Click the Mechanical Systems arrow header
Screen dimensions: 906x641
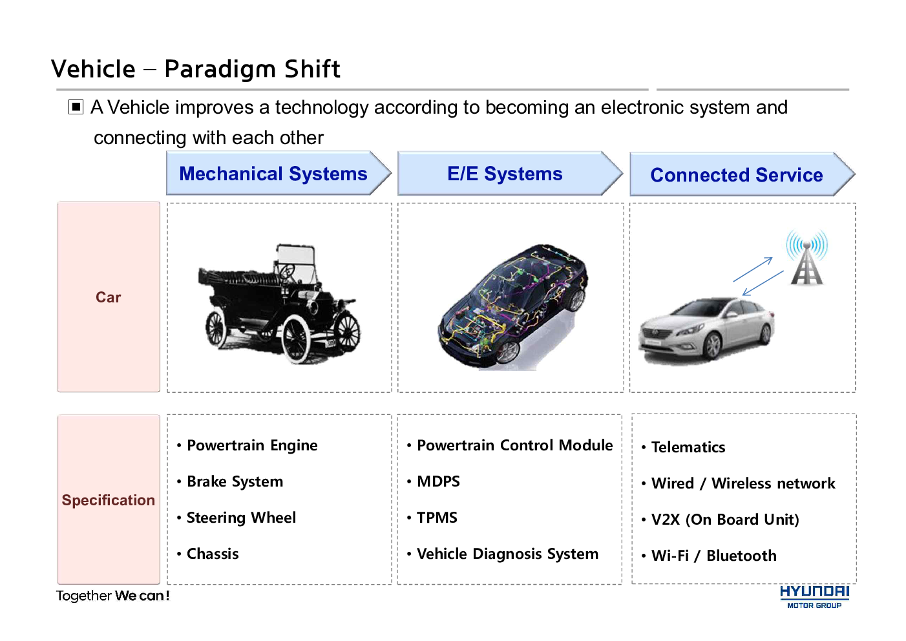279,173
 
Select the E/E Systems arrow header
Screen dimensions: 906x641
510,173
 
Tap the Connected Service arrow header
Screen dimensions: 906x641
743,174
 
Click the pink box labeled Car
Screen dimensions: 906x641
109,297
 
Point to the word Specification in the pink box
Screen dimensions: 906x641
109,500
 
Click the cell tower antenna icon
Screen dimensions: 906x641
807,257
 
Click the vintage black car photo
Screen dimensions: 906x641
279,304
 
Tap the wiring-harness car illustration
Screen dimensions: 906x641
513,306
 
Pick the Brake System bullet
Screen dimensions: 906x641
230,481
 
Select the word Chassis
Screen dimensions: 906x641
213,554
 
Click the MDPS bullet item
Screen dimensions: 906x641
434,481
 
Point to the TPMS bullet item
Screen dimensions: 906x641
432,518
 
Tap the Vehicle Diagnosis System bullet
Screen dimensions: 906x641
503,554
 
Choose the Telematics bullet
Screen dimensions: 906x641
684,447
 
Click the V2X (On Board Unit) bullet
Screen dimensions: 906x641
721,520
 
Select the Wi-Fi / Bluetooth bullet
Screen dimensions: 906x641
709,556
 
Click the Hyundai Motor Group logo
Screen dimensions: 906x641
814,597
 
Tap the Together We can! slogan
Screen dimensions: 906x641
113,596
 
